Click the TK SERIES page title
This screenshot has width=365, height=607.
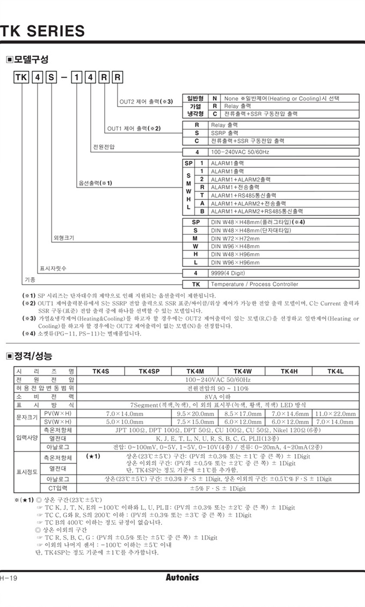[43, 31]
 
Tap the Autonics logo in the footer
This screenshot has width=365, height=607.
[182, 578]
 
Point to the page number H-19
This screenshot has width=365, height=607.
[9, 578]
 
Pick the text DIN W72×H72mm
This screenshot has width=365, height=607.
[235, 238]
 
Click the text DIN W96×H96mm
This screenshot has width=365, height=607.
[235, 263]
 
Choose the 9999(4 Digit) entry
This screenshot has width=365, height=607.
[229, 273]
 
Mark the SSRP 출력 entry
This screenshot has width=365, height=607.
[224, 132]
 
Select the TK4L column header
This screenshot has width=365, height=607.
[335, 371]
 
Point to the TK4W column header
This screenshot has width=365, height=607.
[243, 371]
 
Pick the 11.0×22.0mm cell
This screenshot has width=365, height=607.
[335, 414]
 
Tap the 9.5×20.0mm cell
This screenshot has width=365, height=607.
[195, 414]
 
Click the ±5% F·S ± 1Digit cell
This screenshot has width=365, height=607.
[218, 488]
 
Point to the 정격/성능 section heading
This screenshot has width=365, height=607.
[33, 356]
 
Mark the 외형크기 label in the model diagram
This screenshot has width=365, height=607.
[64, 238]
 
